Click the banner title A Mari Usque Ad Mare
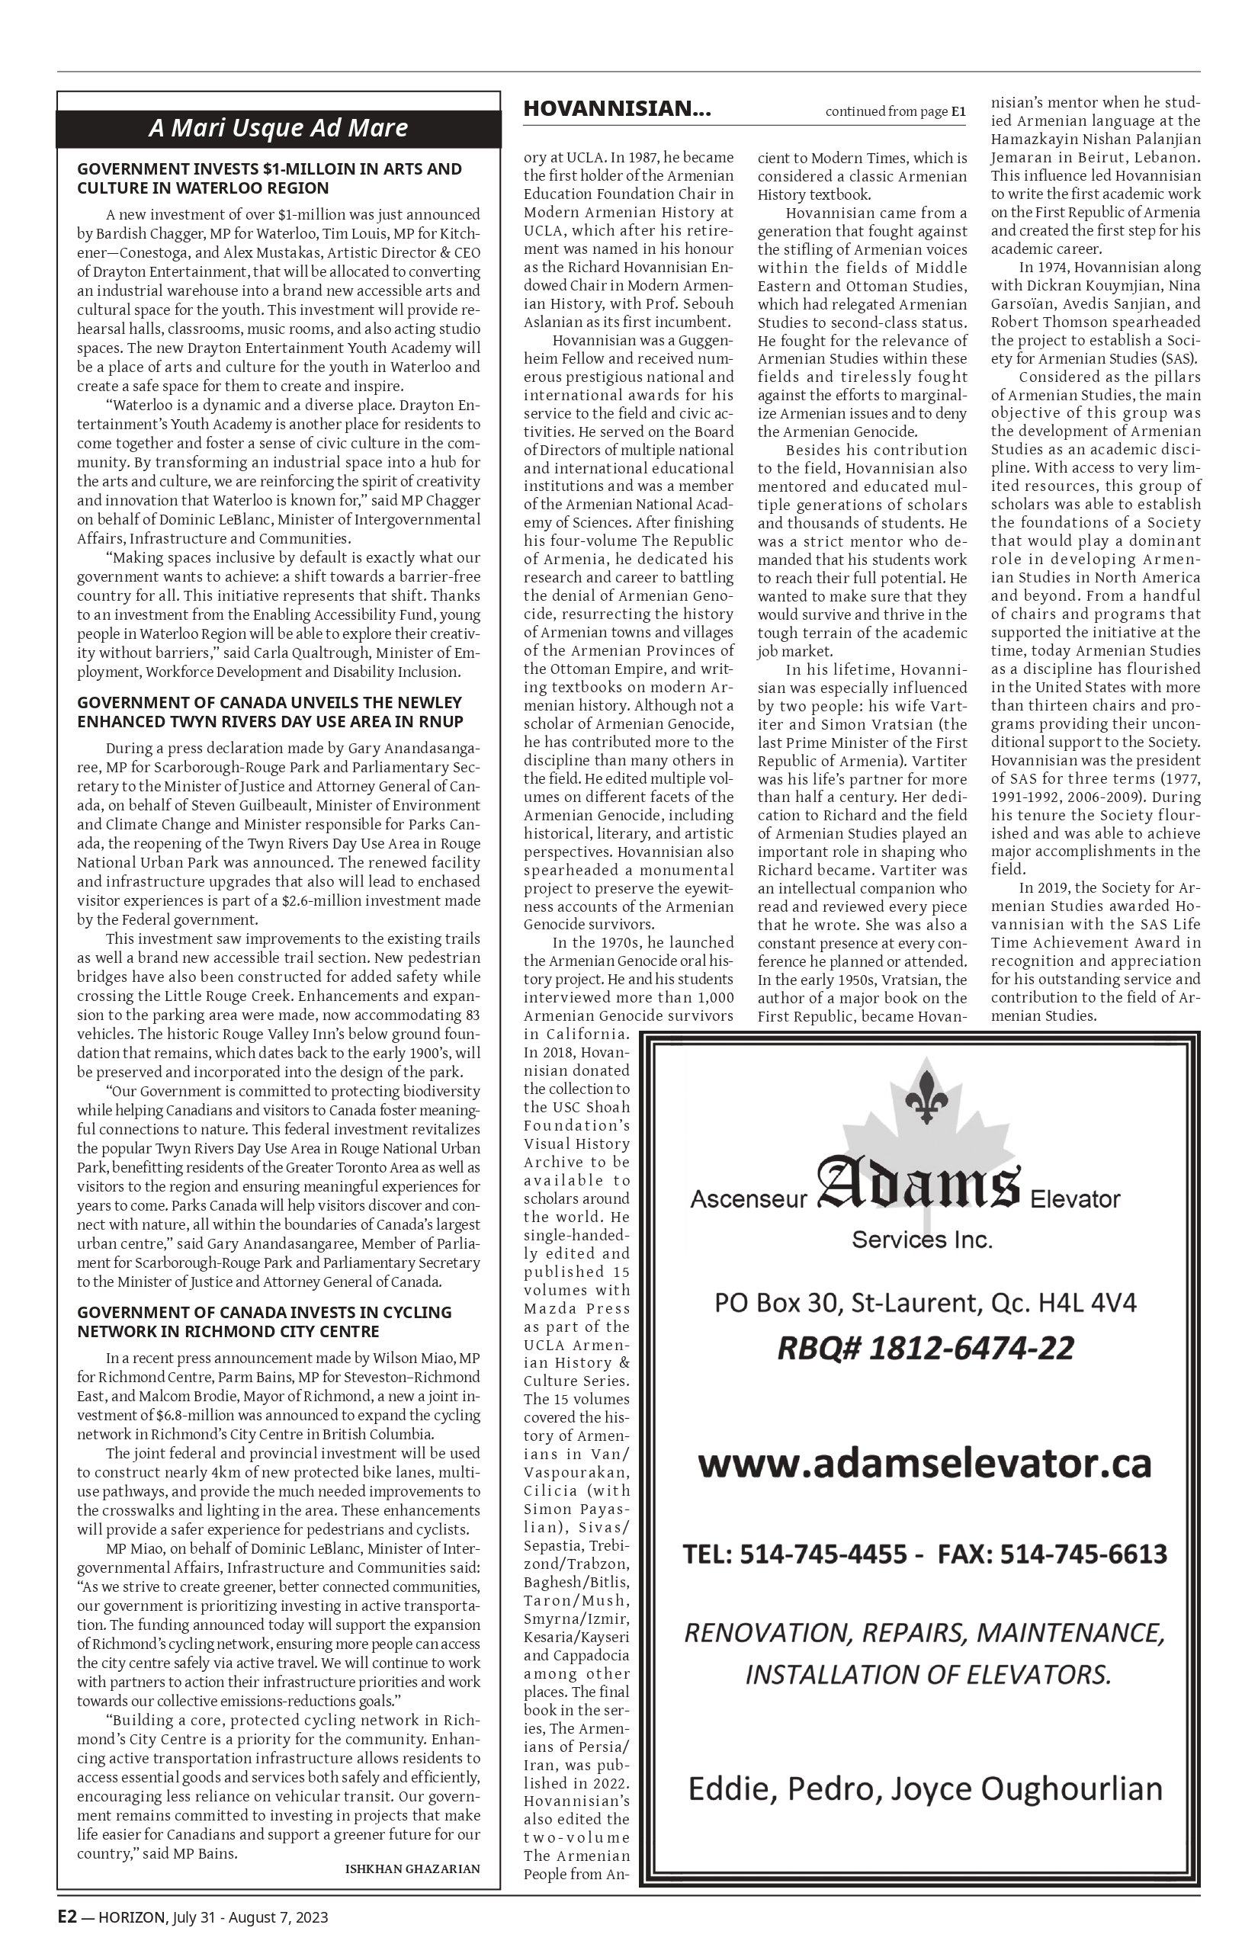point(278,128)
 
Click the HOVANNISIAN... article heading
point(617,110)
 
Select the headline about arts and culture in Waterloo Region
point(270,179)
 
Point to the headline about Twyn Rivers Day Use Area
point(270,712)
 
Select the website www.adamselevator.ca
point(925,1463)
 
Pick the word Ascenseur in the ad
point(748,1199)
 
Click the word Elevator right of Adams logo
point(1075,1199)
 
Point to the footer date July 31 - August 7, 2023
point(250,1917)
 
